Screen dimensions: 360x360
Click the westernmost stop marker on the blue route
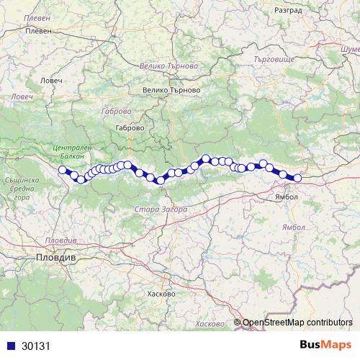click(x=62, y=170)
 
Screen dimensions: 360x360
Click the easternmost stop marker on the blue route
click(x=297, y=178)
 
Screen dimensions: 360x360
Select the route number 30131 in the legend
click(x=37, y=345)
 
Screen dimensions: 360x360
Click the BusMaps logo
click(x=325, y=344)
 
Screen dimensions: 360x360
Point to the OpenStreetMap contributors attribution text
click(x=297, y=323)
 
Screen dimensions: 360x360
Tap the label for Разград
click(x=289, y=12)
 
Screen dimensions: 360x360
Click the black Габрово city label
click(x=130, y=127)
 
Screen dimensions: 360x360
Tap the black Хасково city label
click(x=161, y=294)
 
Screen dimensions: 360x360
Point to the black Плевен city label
click(x=39, y=32)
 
